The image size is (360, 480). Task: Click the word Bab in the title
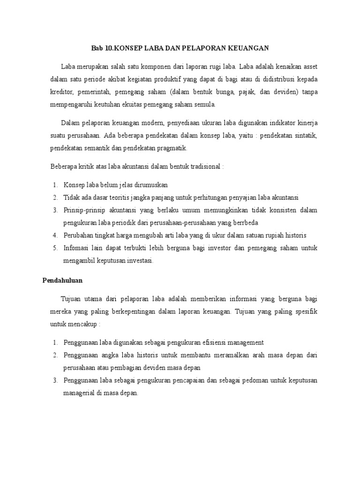(x=96, y=48)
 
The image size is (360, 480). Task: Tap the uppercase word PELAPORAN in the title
(x=198, y=48)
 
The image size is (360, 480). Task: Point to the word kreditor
(x=63, y=92)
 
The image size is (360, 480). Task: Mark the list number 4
(x=55, y=235)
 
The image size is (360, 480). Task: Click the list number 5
(x=55, y=247)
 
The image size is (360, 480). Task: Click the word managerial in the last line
(x=82, y=393)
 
